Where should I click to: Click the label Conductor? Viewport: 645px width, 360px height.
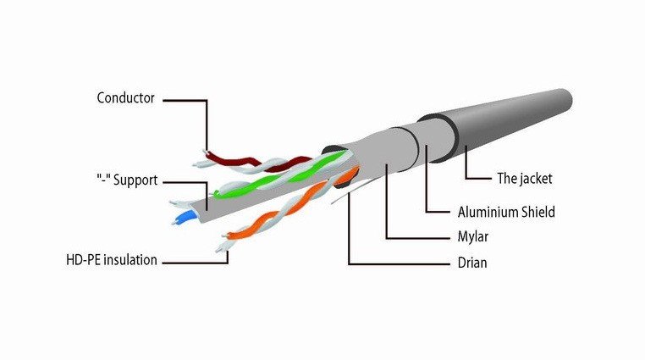coord(125,98)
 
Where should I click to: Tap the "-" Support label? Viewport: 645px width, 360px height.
coord(126,181)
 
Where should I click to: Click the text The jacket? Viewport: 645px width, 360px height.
coord(524,179)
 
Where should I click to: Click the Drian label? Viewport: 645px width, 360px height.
coord(467,263)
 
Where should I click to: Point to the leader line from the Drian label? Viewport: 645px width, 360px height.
coord(349,229)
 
